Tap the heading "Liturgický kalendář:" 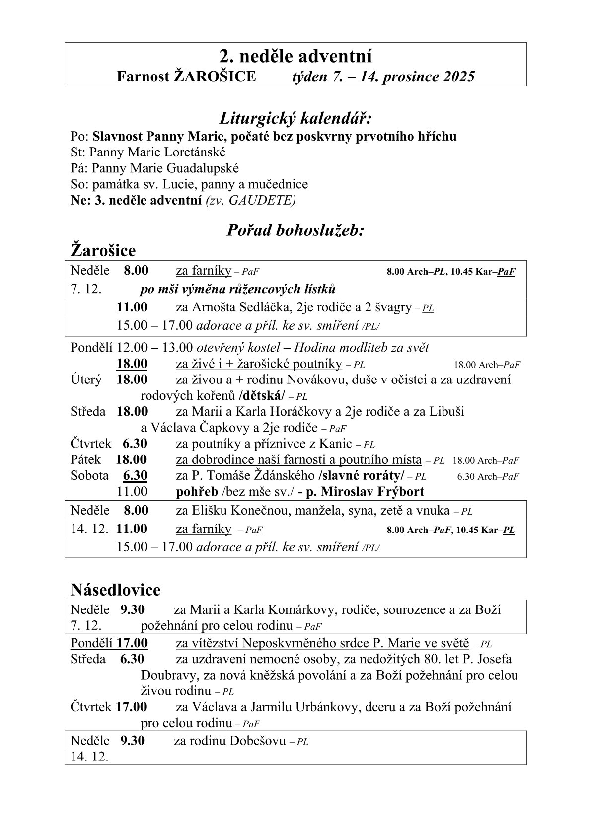pyautogui.click(x=295, y=119)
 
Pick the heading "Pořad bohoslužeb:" pyautogui.click(x=295, y=230)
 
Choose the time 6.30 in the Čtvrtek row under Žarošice pyautogui.click(x=135, y=444)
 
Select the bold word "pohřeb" pyautogui.click(x=197, y=492)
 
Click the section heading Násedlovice pyautogui.click(x=116, y=590)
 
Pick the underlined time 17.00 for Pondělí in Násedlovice pyautogui.click(x=132, y=643)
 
